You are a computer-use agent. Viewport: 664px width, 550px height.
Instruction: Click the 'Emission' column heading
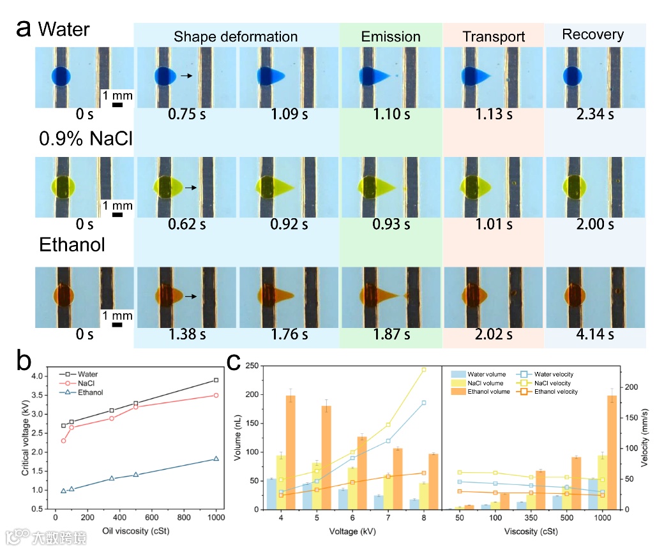(x=391, y=37)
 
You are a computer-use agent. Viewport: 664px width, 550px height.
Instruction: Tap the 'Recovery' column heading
(x=592, y=34)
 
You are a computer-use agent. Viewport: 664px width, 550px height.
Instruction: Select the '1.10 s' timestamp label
(x=391, y=115)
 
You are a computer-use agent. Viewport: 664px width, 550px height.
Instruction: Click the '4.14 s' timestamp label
(x=594, y=334)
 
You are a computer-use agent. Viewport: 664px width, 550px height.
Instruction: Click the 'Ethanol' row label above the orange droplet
(x=72, y=244)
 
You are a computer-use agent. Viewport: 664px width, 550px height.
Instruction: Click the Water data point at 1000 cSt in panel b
(x=216, y=380)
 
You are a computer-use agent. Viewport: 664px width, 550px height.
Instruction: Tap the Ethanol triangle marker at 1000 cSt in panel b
(x=216, y=458)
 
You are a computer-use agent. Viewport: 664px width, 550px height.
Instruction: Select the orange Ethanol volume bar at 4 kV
(x=290, y=452)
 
